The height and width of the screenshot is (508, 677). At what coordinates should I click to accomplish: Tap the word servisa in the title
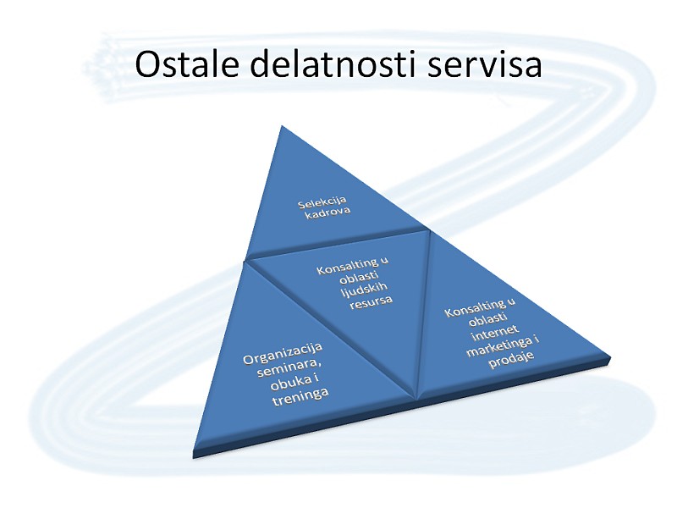point(484,65)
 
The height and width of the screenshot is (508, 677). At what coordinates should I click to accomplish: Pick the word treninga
point(300,397)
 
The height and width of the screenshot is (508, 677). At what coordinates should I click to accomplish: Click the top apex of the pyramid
point(282,125)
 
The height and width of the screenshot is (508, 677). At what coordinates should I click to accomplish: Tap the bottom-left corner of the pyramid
point(194,451)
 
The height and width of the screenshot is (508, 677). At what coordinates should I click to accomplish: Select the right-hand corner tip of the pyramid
point(609,356)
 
